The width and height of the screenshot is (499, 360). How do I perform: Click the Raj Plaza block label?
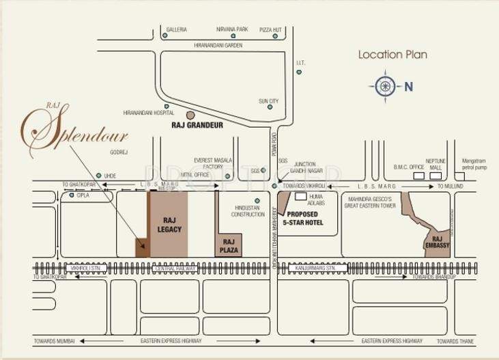pyautogui.click(x=229, y=244)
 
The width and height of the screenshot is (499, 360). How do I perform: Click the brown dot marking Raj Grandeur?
pyautogui.click(x=190, y=115)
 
